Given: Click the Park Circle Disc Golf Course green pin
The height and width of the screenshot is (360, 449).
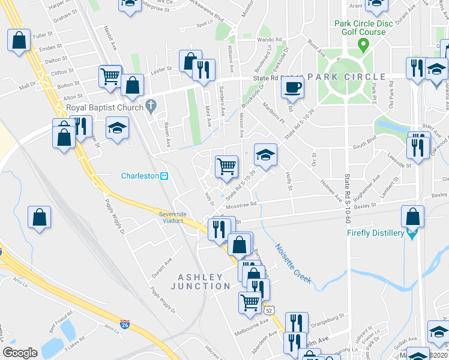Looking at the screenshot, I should coord(363,44).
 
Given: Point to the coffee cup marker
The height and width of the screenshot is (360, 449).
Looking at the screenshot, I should coord(292,87).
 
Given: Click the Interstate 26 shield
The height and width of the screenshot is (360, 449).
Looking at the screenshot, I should coord(125,325).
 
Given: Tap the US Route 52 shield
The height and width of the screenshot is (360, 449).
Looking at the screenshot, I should coord(271,310).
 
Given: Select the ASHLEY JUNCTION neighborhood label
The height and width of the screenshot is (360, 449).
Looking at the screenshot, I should coord(203,281).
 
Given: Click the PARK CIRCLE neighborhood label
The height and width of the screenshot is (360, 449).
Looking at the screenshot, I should coord(346,77).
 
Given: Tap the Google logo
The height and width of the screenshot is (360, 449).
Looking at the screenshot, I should coord(20,353).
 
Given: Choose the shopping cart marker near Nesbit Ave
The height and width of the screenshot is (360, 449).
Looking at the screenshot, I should coord(110,76).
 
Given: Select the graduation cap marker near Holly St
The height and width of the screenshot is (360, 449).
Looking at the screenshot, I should coord(265,155).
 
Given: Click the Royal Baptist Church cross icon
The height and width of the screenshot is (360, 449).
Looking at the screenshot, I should coord(151,108).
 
